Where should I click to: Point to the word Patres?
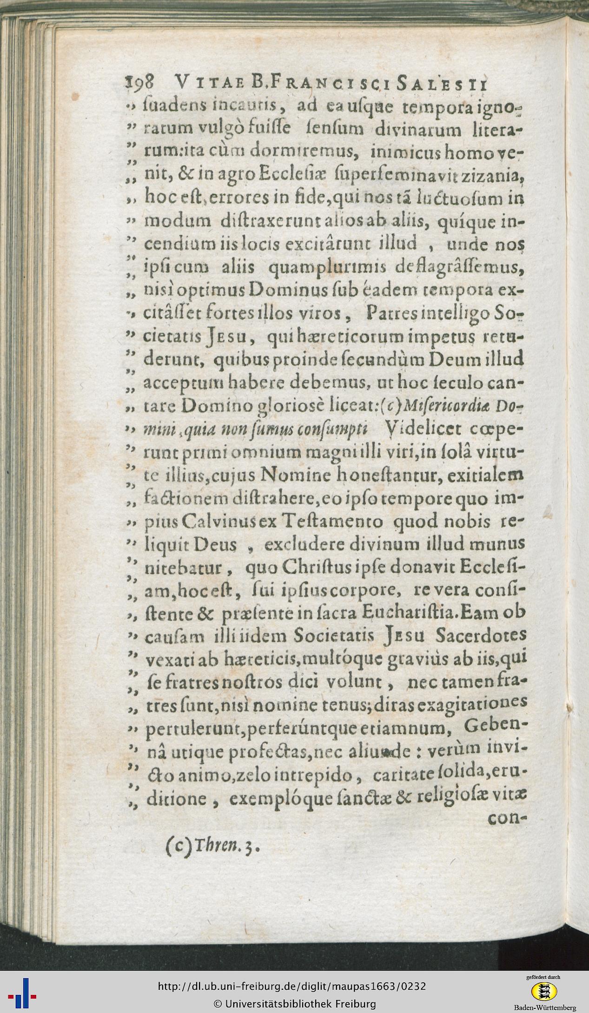pos(390,316)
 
